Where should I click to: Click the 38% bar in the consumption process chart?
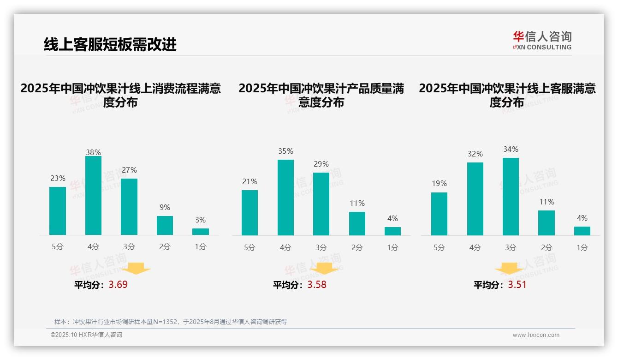(x=93, y=196)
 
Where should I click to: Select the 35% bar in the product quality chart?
(x=285, y=198)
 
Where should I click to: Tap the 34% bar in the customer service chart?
(x=511, y=197)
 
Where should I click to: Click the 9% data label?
(x=165, y=208)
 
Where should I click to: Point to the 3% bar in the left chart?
(x=201, y=232)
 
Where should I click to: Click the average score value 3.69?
(x=118, y=285)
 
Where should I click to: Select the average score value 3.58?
(x=317, y=285)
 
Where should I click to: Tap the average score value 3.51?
(x=517, y=285)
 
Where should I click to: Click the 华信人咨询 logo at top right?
(x=542, y=40)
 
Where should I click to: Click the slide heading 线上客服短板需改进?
(x=110, y=44)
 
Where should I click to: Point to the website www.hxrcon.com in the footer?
(x=536, y=335)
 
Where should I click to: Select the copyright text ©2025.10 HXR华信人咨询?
(x=86, y=335)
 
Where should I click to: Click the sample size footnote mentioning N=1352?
(x=171, y=322)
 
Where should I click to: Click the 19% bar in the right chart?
(x=439, y=214)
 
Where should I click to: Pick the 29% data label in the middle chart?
(x=321, y=164)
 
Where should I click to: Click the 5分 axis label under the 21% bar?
(x=250, y=247)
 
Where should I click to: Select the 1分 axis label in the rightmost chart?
(x=582, y=247)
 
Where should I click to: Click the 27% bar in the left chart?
(x=129, y=207)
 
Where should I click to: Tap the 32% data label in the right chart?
(x=475, y=154)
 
